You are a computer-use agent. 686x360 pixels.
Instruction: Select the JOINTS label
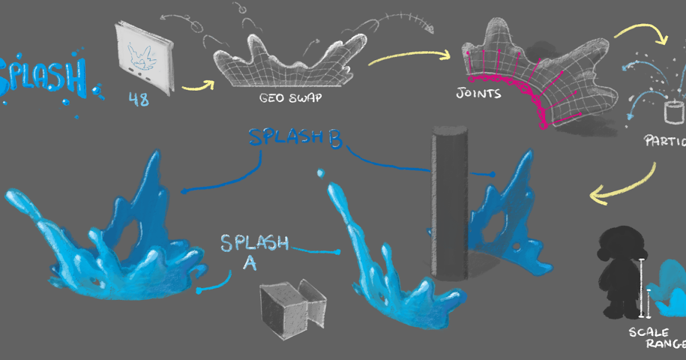(x=478, y=93)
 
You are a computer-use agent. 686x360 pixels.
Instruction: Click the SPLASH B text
(x=294, y=139)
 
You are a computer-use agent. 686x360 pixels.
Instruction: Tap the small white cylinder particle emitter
(x=674, y=111)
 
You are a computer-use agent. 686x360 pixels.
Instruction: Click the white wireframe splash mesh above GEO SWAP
(x=289, y=63)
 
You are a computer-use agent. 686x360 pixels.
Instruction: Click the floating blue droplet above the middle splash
(x=321, y=172)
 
